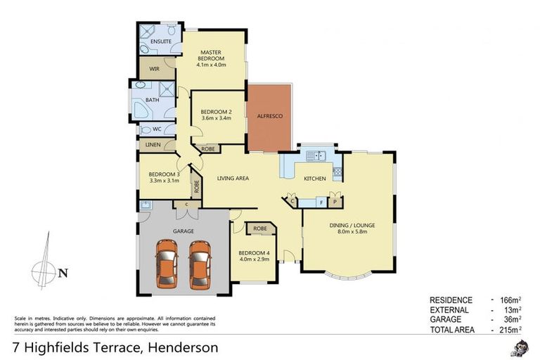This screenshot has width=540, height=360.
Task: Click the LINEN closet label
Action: (153, 145)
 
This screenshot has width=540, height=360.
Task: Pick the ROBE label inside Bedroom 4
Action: (259, 229)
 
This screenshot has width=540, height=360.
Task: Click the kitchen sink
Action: (319, 155)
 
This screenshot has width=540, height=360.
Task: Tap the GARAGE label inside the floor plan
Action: (184, 231)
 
